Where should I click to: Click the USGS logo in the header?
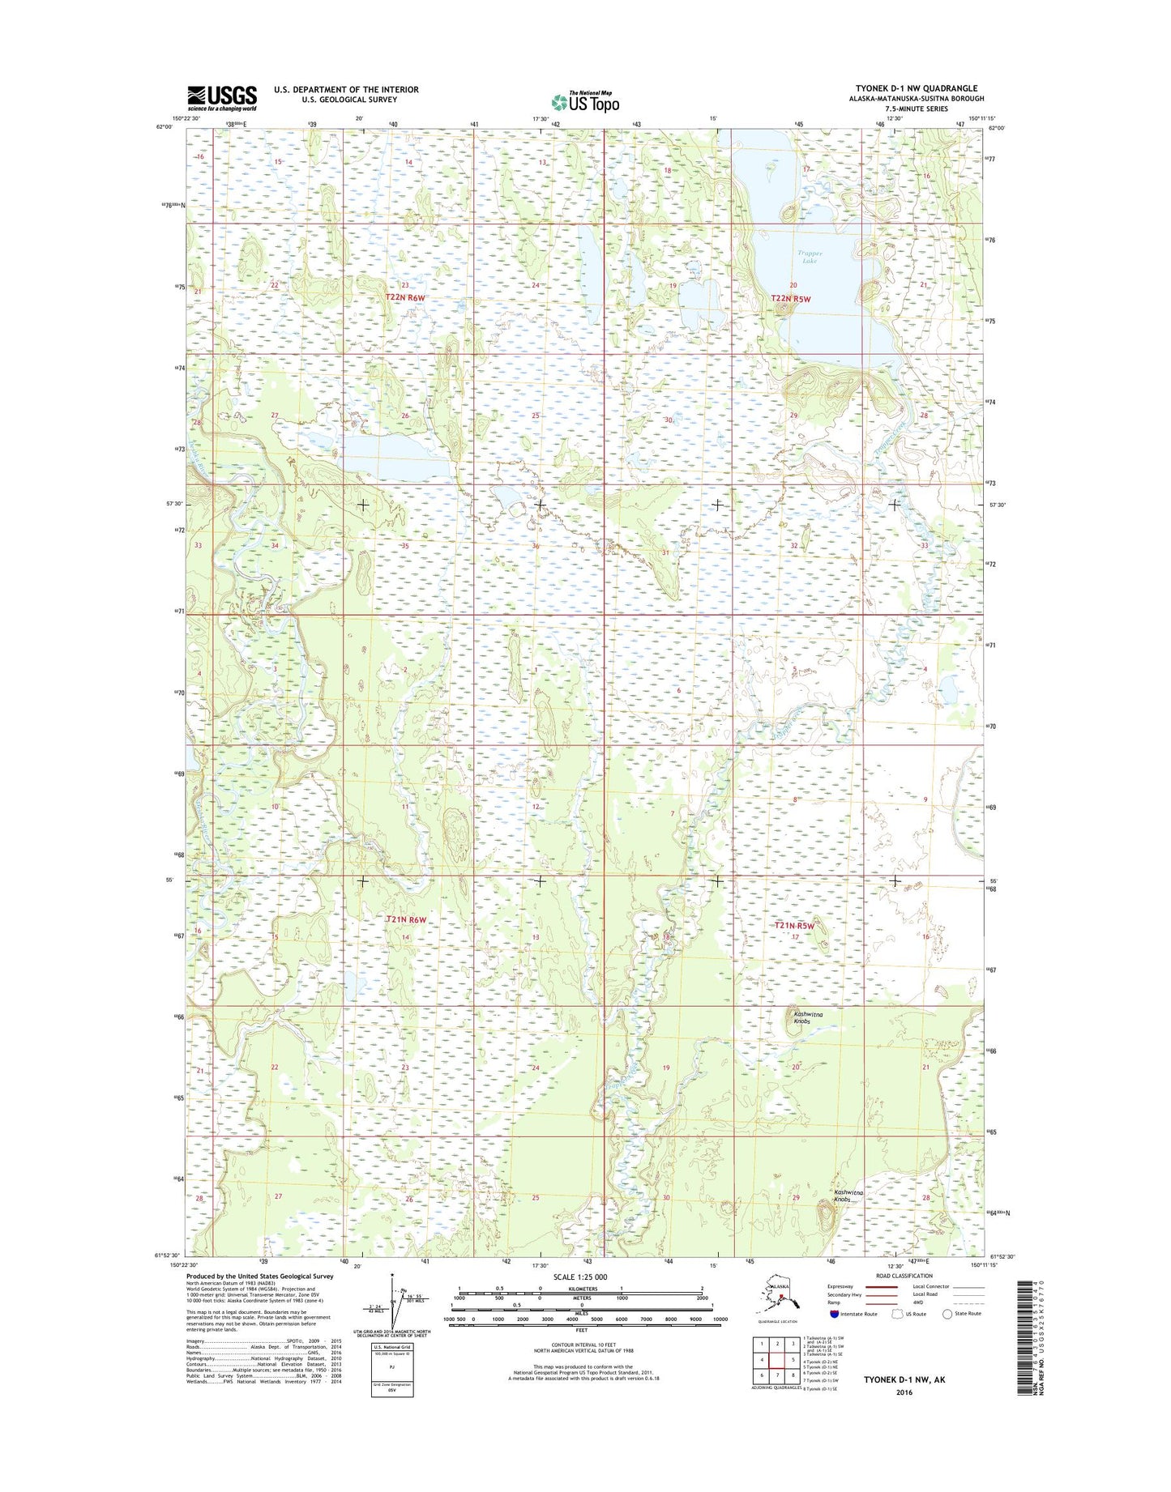[x=222, y=98]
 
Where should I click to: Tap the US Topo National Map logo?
[x=585, y=101]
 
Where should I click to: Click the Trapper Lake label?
[x=810, y=257]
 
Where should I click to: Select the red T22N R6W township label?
[x=405, y=297]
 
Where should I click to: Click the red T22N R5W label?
[x=790, y=298]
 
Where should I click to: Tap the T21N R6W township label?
[x=406, y=919]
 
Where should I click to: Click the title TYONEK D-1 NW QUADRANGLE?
[x=916, y=88]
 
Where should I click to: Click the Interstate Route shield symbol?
[x=835, y=1314]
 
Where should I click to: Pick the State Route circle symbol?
[x=947, y=1314]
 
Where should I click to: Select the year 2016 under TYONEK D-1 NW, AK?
[x=904, y=1392]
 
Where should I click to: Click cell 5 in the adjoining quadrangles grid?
[x=793, y=1360]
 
